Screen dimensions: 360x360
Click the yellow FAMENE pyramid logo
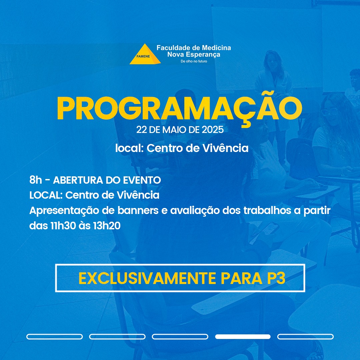(145, 54)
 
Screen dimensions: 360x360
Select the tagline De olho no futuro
(194, 61)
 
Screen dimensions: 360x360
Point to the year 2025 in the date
(213, 130)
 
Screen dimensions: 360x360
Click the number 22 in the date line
(142, 130)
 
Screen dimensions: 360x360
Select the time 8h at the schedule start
(36, 180)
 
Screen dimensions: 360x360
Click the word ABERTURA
(78, 180)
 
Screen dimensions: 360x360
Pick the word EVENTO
(142, 180)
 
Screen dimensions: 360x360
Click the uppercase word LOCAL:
(46, 195)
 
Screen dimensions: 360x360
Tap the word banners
(138, 211)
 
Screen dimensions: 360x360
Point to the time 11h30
(63, 226)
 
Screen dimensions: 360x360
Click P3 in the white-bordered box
(276, 278)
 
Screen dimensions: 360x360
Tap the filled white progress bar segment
(243, 337)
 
